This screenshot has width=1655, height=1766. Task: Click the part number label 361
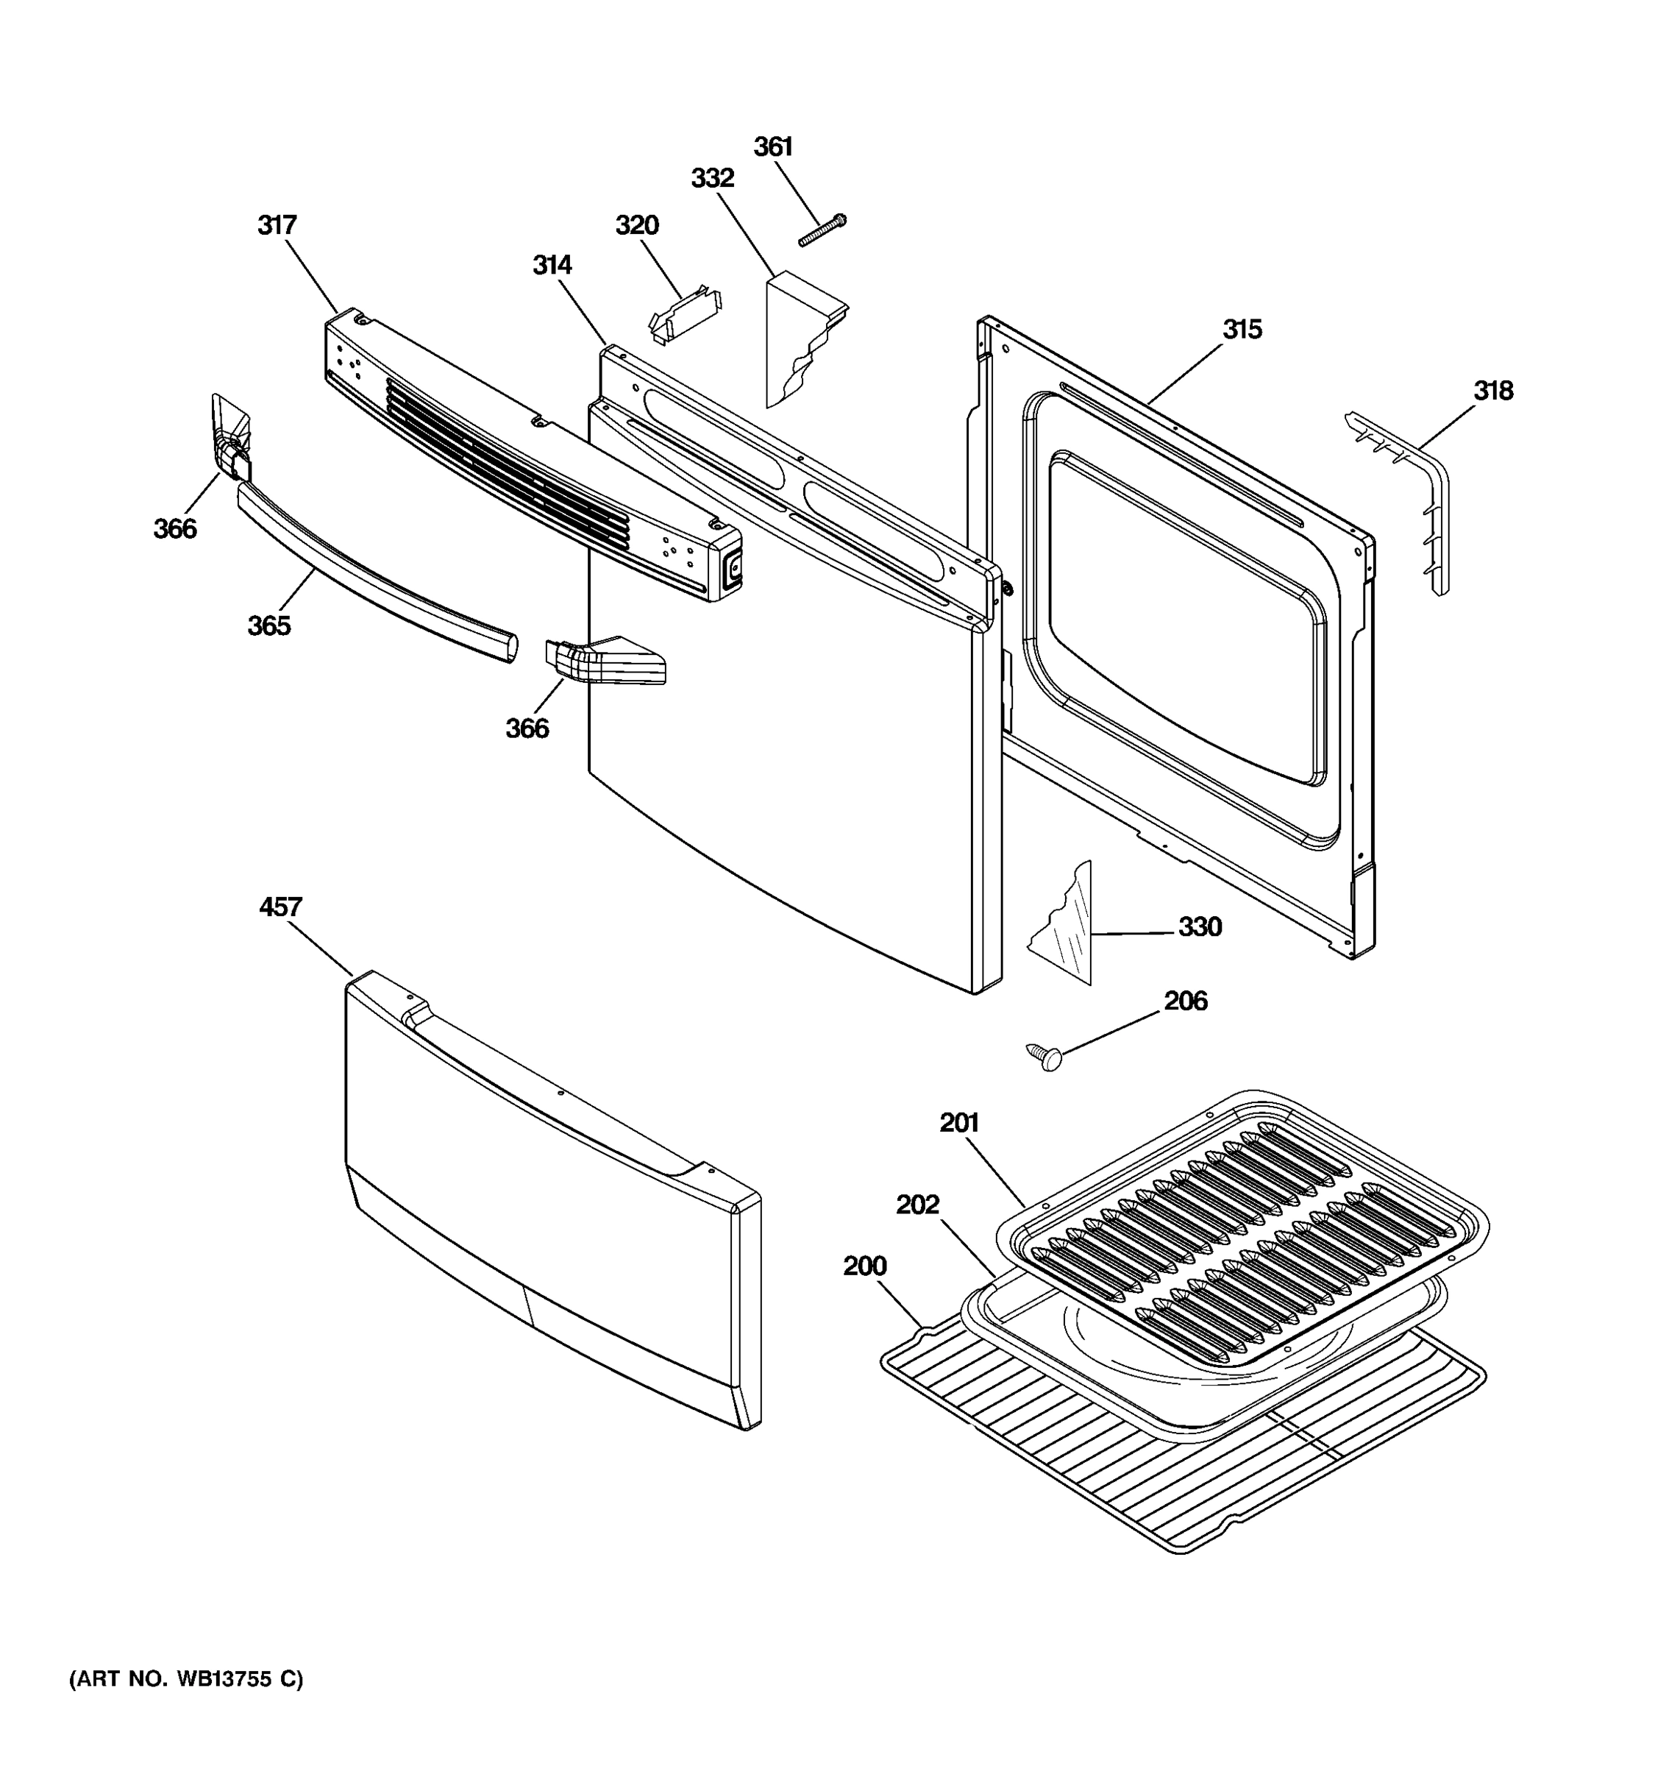[772, 146]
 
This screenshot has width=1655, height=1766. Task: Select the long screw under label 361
[822, 229]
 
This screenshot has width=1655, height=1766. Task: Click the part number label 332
[712, 179]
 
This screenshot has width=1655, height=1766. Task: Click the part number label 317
[277, 226]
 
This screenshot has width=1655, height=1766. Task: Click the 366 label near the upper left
[175, 530]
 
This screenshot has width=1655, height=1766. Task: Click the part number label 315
[1242, 330]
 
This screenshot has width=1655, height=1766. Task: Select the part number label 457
[280, 907]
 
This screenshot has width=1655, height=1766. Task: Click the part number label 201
[959, 1123]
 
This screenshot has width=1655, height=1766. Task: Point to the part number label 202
[917, 1205]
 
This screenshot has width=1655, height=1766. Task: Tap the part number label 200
[865, 1266]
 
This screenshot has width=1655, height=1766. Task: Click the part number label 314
[552, 266]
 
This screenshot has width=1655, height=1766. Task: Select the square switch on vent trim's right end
[733, 570]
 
